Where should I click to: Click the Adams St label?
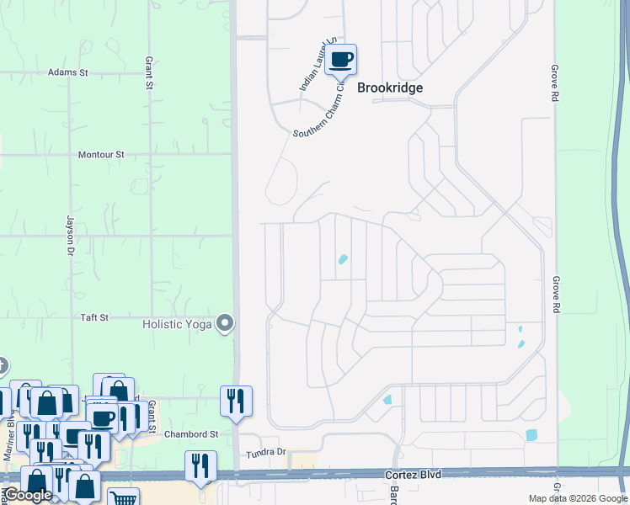(68, 73)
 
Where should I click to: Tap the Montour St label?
(101, 155)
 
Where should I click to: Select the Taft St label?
(94, 317)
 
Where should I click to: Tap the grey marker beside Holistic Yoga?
(225, 323)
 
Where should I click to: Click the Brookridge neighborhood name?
(390, 88)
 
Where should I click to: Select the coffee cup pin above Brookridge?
(341, 60)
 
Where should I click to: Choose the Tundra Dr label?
(267, 453)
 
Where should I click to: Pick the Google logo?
(27, 495)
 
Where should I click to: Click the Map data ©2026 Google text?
(578, 498)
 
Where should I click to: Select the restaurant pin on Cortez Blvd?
(200, 466)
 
